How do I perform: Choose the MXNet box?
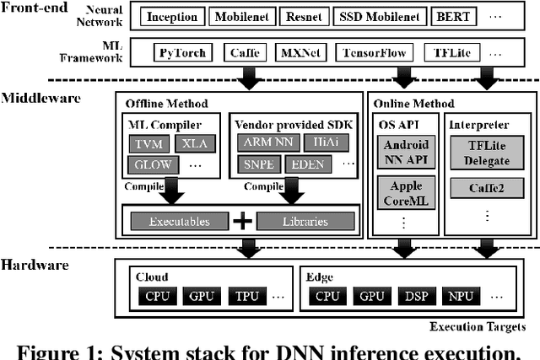pyautogui.click(x=300, y=52)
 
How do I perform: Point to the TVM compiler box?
pyautogui.click(x=148, y=143)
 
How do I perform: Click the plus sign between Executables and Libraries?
pyautogui.click(x=242, y=221)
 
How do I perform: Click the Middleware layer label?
pyautogui.click(x=40, y=98)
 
